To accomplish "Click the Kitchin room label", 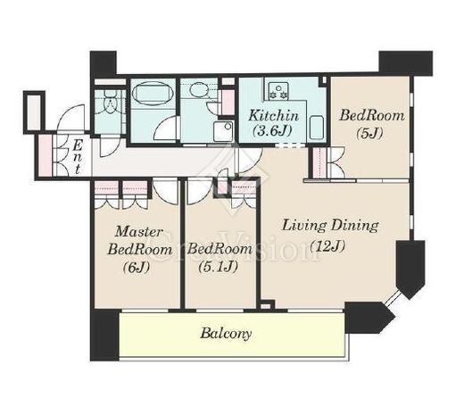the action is (273, 115).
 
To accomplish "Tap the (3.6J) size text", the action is (272, 130).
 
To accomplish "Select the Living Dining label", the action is (330, 226).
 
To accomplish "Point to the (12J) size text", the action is (327, 246).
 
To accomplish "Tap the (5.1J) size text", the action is (218, 267).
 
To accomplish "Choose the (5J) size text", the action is (369, 133).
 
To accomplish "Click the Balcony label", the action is (226, 334).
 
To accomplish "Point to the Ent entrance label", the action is (78, 157).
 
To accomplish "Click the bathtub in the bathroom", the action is (153, 93).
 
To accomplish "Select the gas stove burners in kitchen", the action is (278, 91).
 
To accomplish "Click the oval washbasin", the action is (198, 89).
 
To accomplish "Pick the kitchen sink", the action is (316, 128).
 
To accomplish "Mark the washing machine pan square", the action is (223, 131).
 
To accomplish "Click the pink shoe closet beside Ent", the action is (45, 155).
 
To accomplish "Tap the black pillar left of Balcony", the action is (104, 335).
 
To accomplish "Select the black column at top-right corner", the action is (406, 63).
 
